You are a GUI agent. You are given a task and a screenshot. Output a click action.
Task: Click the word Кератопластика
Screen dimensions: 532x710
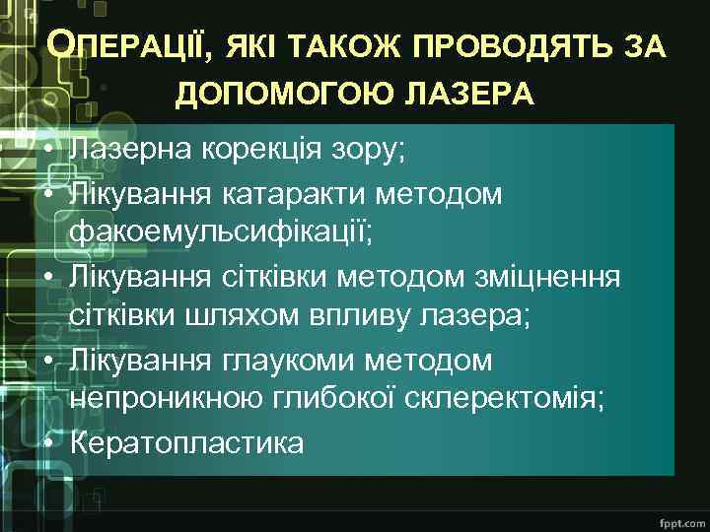click(186, 444)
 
